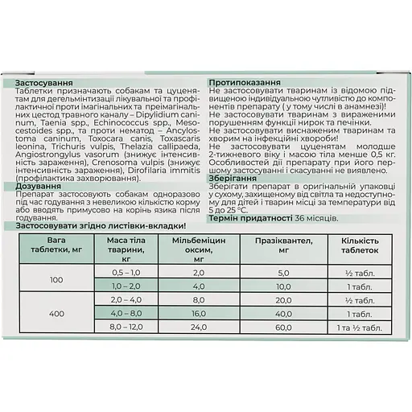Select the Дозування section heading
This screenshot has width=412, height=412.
click(39, 186)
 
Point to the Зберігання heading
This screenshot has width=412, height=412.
click(234, 179)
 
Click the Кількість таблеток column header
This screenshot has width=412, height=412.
click(357, 245)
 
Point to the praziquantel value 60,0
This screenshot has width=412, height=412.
click(282, 329)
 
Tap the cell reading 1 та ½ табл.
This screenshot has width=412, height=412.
click(357, 329)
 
